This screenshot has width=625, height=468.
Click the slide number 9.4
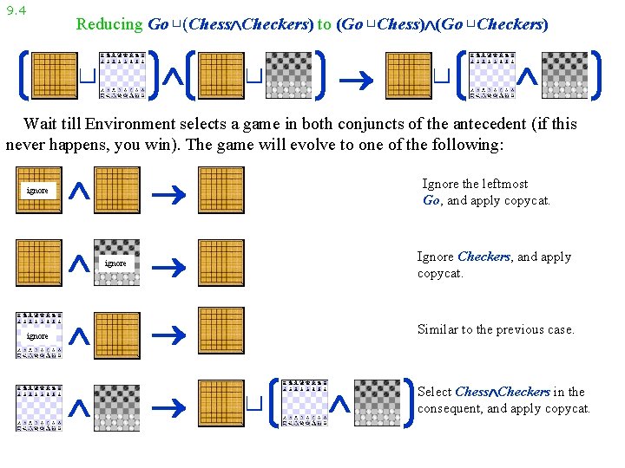pos(16,10)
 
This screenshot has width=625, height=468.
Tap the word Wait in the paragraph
pos(41,124)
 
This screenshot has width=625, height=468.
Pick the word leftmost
pos(499,184)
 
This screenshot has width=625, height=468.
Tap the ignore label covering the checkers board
pos(115,263)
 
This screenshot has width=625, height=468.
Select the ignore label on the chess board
pos(38,335)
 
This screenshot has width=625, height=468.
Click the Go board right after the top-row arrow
pos(408,75)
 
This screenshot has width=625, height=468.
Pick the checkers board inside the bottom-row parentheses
pos(378,402)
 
